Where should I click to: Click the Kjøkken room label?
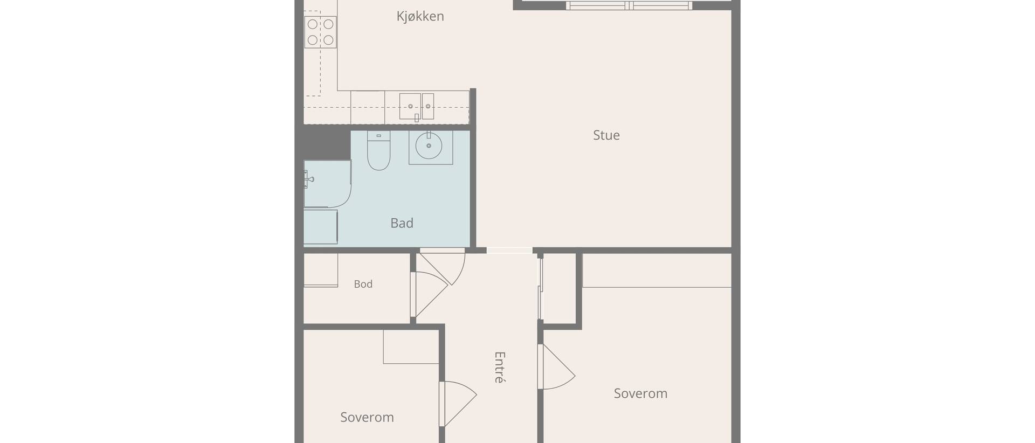[x=420, y=17]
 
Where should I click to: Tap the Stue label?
[x=606, y=135]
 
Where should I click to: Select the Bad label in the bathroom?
[x=402, y=223]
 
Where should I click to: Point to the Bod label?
[x=363, y=284]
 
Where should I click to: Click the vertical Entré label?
[x=500, y=367]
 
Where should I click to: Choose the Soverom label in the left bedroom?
[x=367, y=417]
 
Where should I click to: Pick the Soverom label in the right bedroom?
[x=640, y=393]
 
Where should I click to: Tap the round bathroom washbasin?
[x=429, y=146]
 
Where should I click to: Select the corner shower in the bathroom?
[x=327, y=184]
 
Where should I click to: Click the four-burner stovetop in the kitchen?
[x=320, y=32]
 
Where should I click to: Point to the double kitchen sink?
[x=416, y=106]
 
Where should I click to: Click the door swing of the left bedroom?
[x=458, y=404]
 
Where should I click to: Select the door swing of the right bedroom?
[x=556, y=366]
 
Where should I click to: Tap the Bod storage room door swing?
[x=429, y=294]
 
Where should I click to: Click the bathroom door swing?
[x=442, y=266]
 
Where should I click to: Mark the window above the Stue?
[x=629, y=5]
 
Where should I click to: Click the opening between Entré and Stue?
[x=509, y=251]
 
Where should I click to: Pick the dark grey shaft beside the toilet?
[x=327, y=142]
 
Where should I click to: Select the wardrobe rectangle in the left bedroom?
[x=411, y=347]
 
